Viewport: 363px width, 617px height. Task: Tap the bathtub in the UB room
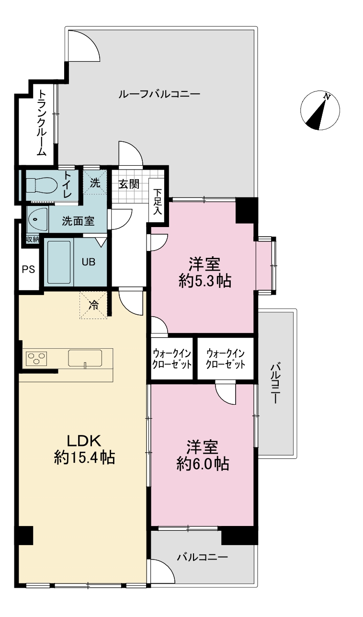[58, 262]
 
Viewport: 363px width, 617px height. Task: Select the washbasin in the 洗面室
[37, 219]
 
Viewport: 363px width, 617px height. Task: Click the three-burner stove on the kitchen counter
[36, 359]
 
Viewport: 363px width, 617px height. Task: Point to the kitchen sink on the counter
[85, 358]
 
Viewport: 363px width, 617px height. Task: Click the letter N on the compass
[327, 96]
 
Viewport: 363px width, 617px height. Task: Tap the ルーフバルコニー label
[159, 94]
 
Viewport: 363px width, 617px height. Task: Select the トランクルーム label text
[42, 123]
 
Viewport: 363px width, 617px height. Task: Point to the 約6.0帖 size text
[203, 464]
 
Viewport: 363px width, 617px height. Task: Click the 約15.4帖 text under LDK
[84, 458]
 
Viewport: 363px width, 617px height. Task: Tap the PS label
[29, 269]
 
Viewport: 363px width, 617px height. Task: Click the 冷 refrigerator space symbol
[93, 305]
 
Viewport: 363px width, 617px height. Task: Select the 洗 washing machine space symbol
[95, 183]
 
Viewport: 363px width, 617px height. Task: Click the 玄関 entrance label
[129, 184]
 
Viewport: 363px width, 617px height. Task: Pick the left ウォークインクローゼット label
[172, 359]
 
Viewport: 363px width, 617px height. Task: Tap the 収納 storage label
[33, 239]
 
